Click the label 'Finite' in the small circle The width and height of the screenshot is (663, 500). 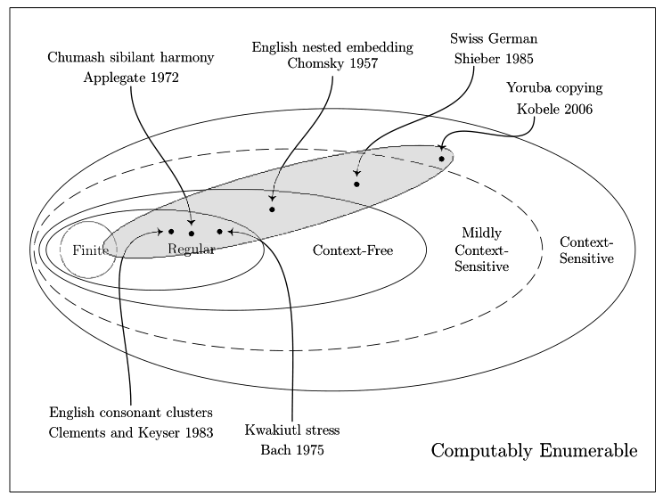coord(90,250)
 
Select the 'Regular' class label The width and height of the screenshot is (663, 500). coord(192,249)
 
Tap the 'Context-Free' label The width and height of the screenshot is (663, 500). coord(353,250)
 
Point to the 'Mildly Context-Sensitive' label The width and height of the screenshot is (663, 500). coord(481,250)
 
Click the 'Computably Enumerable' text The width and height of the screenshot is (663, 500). coord(534,451)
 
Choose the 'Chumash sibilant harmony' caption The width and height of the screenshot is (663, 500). coord(130,58)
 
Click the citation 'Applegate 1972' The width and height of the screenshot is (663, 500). coord(130,78)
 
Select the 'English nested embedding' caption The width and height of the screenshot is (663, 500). coord(332,46)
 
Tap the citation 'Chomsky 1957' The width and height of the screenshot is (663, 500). coord(332,64)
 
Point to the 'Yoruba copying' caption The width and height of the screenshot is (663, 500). coord(554,88)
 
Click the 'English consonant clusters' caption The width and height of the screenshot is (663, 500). coord(131,413)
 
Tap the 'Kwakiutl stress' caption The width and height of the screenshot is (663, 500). coord(292,430)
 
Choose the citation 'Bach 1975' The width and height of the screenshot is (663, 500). coord(292,450)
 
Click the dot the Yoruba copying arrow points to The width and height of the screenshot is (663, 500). coord(441,160)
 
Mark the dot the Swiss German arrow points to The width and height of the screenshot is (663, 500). coord(356,184)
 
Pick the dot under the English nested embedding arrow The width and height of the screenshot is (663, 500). coord(272,209)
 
